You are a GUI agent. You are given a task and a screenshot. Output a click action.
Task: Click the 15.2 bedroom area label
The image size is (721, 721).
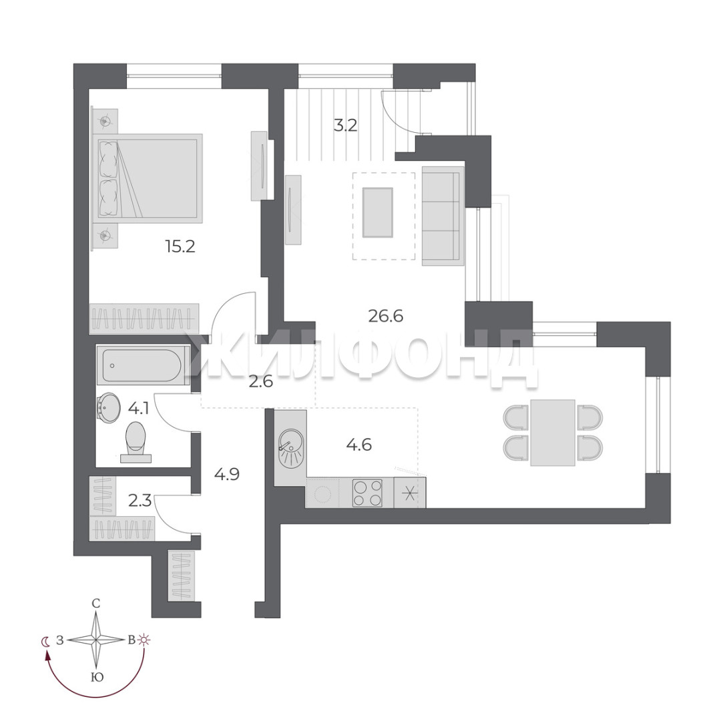[x=180, y=247]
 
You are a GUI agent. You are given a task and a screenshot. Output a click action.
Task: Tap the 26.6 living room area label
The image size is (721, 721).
[x=386, y=316]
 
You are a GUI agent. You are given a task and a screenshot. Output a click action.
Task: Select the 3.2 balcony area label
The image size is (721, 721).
[x=345, y=125]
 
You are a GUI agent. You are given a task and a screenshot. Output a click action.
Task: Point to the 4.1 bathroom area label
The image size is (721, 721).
[x=138, y=409]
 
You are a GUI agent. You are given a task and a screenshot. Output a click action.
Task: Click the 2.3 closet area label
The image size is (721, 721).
[x=140, y=500]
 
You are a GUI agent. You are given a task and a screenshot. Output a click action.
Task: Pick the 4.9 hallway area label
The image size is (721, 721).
[x=227, y=473]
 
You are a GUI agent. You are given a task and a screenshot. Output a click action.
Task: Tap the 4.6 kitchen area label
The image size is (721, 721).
[x=359, y=445]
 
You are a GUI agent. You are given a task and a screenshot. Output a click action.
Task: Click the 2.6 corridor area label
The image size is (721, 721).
[x=261, y=381]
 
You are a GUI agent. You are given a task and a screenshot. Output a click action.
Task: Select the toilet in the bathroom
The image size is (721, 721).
[x=136, y=441]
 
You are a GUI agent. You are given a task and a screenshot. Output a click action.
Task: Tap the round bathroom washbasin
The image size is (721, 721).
[x=109, y=407]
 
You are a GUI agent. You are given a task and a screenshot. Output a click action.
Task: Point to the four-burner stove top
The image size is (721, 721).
[x=367, y=493]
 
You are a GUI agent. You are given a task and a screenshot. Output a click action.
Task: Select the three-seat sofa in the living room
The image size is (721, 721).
[x=443, y=216]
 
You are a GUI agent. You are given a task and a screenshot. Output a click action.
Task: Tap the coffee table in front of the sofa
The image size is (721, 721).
[x=377, y=212]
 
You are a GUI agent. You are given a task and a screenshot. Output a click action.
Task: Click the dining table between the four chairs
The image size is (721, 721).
[x=553, y=433]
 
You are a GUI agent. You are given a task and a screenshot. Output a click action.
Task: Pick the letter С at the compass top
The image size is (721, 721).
[x=96, y=604]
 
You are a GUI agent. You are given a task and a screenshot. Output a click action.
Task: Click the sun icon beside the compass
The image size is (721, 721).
[x=146, y=640]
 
